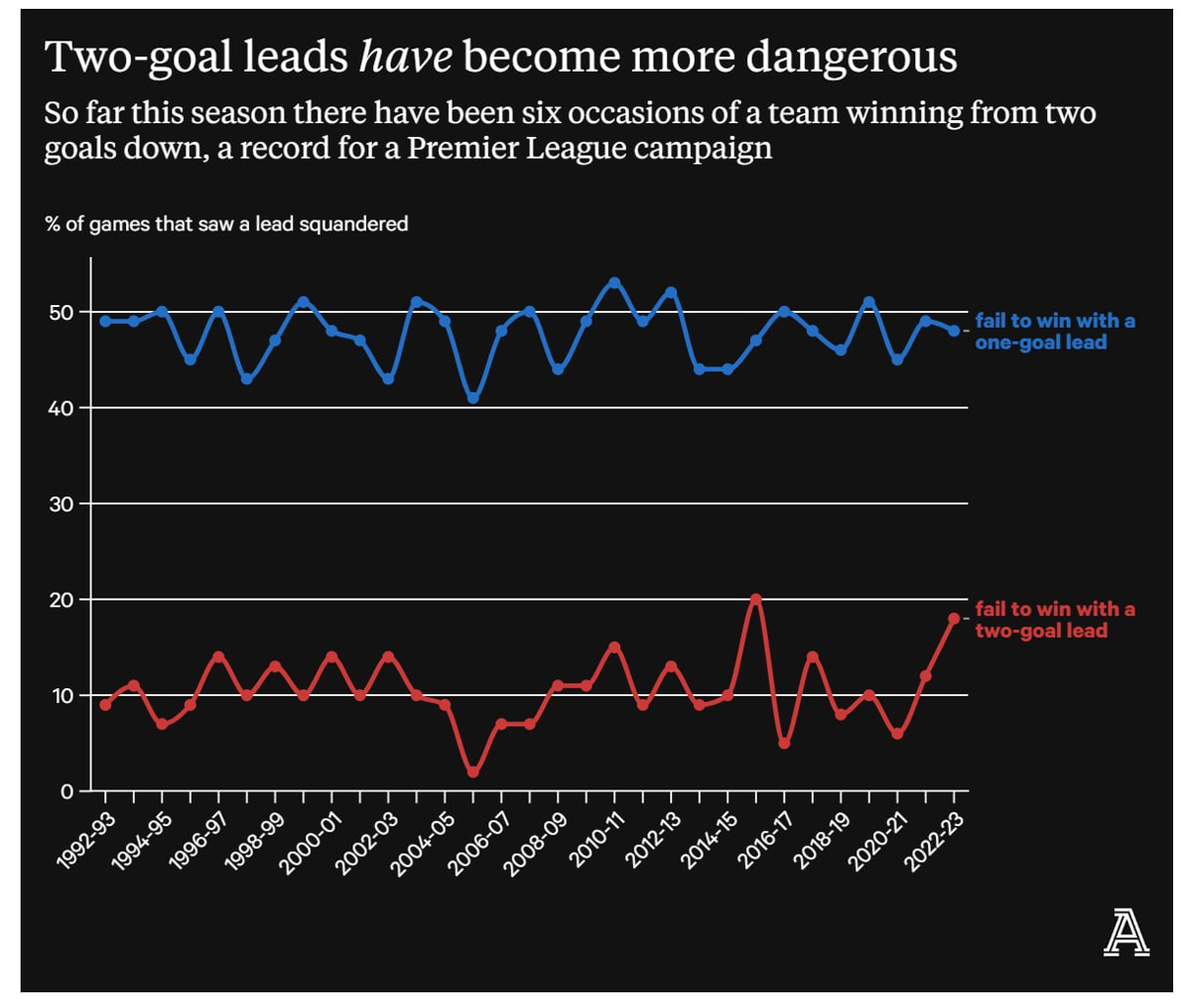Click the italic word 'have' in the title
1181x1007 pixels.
pyautogui.click(x=405, y=57)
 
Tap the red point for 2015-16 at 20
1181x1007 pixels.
pyautogui.click(x=756, y=599)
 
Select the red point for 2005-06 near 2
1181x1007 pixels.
pyautogui.click(x=473, y=772)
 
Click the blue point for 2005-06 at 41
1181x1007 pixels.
pyautogui.click(x=473, y=398)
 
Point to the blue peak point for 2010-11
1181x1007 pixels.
pyautogui.click(x=615, y=283)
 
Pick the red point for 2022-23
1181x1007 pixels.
pyautogui.click(x=954, y=618)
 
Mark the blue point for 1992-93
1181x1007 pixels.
pyautogui.click(x=105, y=321)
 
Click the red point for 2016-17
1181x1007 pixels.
pyautogui.click(x=784, y=743)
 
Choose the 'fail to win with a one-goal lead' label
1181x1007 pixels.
pyautogui.click(x=1054, y=332)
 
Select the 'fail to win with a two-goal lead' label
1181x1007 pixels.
pyautogui.click(x=1054, y=620)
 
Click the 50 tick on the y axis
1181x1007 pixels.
pyautogui.click(x=61, y=312)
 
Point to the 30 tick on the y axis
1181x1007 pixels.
pyautogui.click(x=61, y=504)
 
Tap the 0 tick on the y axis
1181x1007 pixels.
pyautogui.click(x=67, y=791)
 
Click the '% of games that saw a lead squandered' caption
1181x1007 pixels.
pyautogui.click(x=226, y=224)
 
